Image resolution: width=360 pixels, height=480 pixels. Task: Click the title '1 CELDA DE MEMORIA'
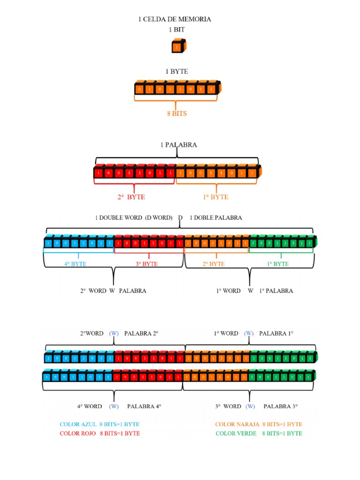tap(174, 19)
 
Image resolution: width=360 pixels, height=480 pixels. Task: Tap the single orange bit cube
tap(179, 46)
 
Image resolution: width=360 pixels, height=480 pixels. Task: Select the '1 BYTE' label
tap(176, 71)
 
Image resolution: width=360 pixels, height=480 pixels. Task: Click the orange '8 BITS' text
tap(177, 113)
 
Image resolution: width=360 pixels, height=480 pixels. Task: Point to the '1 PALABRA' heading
tap(178, 145)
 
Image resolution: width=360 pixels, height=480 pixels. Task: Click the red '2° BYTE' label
tap(131, 197)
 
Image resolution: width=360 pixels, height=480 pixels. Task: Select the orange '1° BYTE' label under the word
tap(216, 197)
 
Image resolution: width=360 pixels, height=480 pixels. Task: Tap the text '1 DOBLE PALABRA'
tap(216, 217)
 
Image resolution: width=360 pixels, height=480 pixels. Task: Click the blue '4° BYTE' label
tap(75, 264)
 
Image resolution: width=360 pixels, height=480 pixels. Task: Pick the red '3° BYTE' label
tap(147, 264)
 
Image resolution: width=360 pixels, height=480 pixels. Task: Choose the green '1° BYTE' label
tap(277, 264)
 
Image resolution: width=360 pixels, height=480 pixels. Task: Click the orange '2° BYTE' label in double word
tap(213, 264)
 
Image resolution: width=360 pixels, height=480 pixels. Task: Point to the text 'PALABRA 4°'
tap(144, 406)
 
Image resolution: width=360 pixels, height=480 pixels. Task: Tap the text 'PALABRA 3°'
tap(281, 406)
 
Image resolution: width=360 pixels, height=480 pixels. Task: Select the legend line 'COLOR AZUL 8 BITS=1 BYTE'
tap(99, 424)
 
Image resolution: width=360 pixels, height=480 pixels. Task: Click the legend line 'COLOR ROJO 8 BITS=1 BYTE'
tap(99, 434)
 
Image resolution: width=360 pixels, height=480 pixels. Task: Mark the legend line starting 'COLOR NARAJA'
tap(258, 424)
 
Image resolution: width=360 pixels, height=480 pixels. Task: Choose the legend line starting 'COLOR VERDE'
tap(258, 434)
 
